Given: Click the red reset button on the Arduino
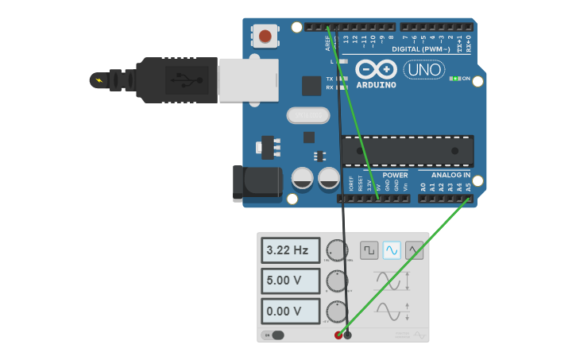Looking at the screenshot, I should click(265, 36).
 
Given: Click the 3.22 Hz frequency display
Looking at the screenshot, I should click(290, 250).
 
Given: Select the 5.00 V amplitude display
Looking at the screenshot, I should click(290, 281).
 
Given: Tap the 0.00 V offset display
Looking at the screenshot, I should click(290, 311).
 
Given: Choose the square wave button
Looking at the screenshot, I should click(369, 250).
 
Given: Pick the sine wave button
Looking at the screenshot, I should click(392, 250).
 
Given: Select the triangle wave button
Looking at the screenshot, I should click(414, 250).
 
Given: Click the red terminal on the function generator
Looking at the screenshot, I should click(338, 335).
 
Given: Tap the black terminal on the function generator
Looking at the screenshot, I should click(347, 335).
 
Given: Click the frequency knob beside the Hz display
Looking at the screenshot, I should click(338, 250).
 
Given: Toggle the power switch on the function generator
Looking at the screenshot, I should click(274, 335).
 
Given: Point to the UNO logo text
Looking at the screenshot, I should click(424, 70).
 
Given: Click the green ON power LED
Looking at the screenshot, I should click(455, 79).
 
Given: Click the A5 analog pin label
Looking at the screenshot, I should click(468, 188).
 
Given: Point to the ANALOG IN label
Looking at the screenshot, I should click(450, 175).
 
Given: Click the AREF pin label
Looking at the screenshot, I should click(327, 41).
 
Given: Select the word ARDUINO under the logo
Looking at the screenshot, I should click(377, 84).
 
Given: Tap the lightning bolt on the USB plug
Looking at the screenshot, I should click(99, 79).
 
